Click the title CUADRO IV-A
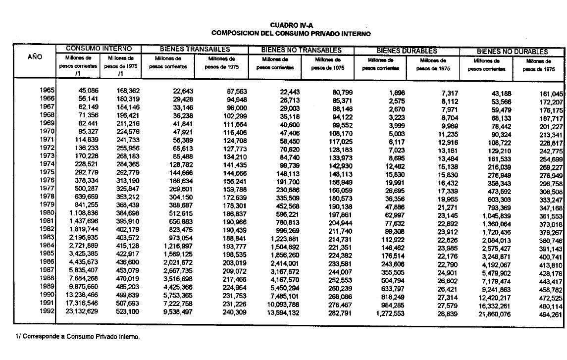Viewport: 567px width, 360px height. click(292, 25)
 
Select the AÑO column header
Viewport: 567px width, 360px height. click(35, 57)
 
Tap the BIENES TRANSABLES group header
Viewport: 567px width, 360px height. click(195, 50)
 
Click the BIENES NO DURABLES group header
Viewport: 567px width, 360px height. click(512, 51)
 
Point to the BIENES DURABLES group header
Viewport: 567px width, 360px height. click(407, 51)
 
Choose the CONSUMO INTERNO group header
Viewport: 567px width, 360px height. click(99, 49)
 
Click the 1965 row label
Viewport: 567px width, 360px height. click(48, 91)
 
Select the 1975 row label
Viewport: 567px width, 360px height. click(48, 172)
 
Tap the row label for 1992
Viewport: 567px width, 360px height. click(48, 311)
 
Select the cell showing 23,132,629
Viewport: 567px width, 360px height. click(77, 311)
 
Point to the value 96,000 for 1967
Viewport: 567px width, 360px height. click(236, 107)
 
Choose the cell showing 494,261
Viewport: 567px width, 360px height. click(551, 315)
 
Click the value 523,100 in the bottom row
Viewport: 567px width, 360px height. click(128, 311)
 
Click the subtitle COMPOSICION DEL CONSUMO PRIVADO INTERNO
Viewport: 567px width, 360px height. click(291, 33)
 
